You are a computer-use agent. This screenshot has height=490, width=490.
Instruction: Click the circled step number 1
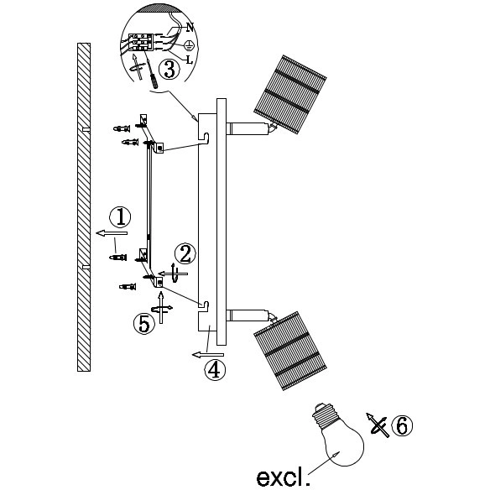(120, 216)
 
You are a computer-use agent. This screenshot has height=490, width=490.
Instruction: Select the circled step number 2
(185, 253)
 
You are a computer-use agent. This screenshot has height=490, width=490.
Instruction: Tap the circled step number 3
(169, 70)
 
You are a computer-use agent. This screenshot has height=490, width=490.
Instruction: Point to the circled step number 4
(215, 370)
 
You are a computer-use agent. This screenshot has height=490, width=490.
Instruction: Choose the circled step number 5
(144, 324)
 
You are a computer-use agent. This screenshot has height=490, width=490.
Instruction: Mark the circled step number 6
(402, 425)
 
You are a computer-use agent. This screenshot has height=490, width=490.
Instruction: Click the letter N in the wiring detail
(190, 28)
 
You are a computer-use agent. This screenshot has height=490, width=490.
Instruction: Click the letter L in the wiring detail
(189, 60)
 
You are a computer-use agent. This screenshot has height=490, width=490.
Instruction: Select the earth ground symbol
(190, 46)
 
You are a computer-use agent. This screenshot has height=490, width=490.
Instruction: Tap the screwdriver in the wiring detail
(151, 72)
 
